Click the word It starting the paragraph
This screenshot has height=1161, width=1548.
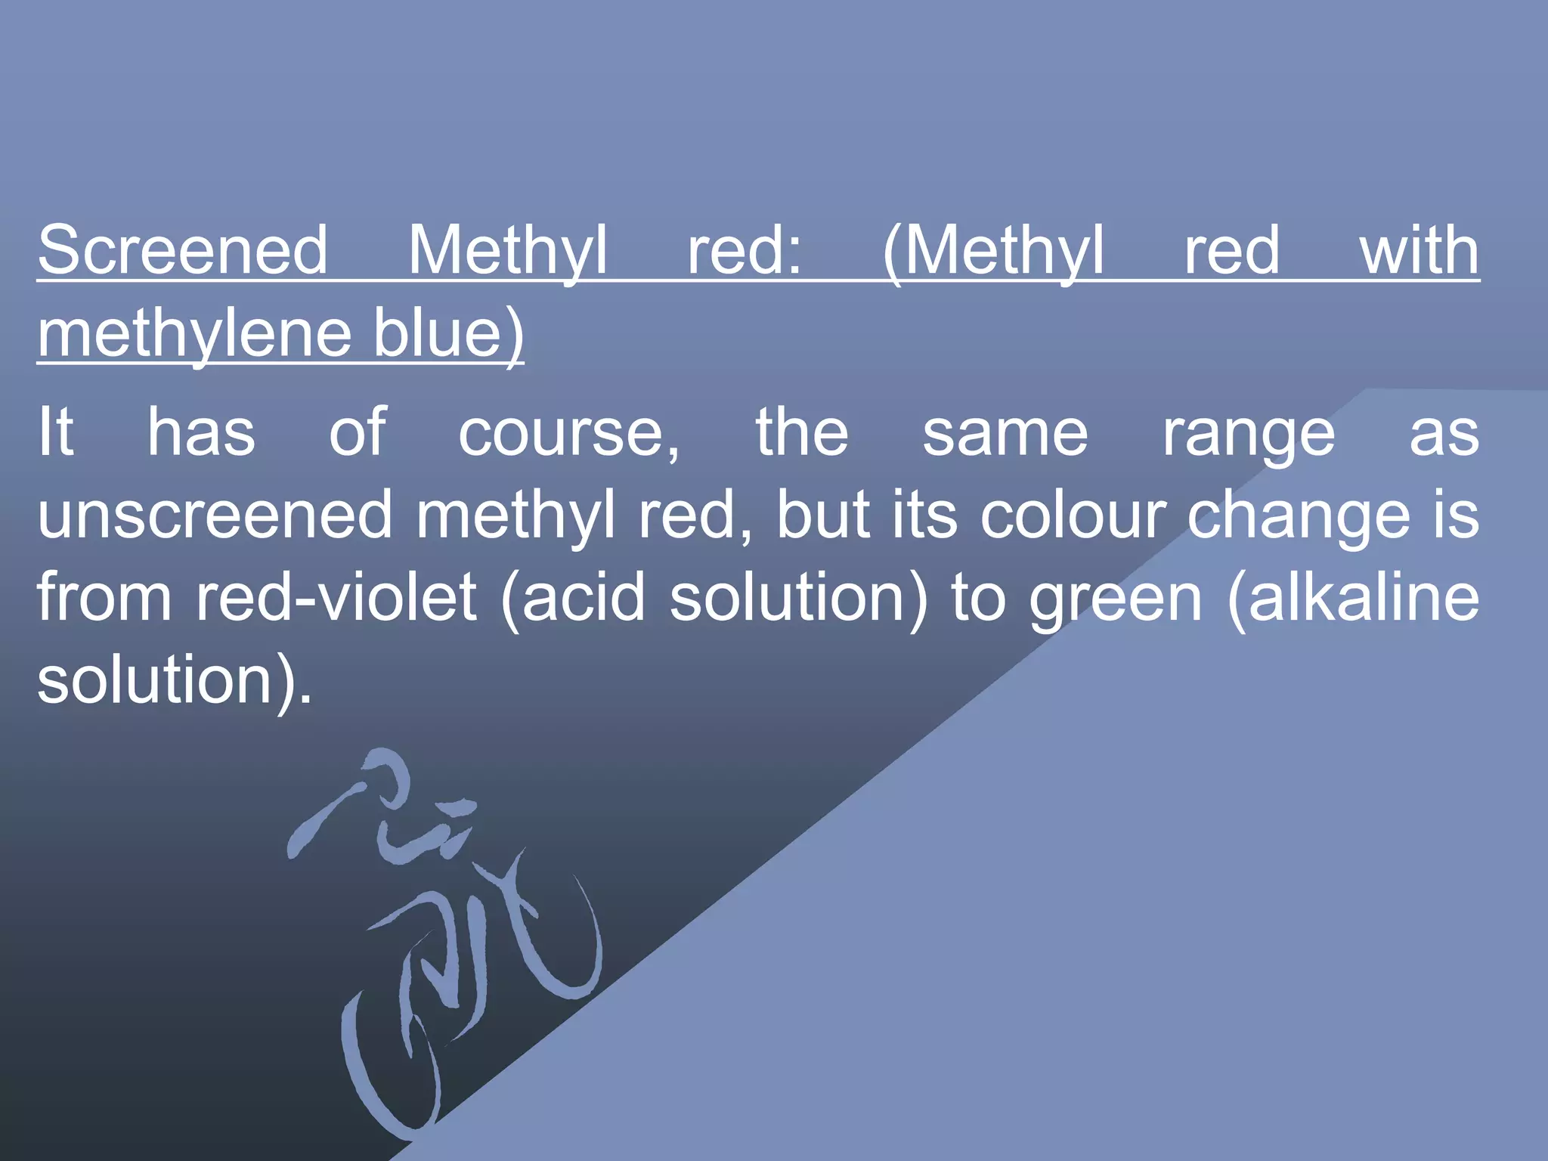(x=56, y=432)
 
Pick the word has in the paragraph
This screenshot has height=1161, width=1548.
(x=201, y=432)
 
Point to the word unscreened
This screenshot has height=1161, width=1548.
(x=215, y=515)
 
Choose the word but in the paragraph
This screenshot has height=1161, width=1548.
(x=823, y=515)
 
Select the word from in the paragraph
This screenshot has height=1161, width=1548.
(x=104, y=597)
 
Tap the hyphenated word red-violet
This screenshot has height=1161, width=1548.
(x=336, y=597)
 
